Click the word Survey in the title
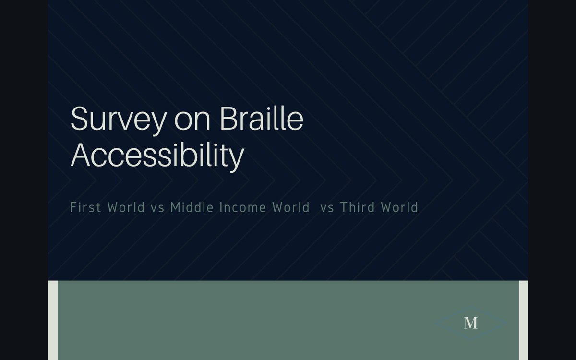pyautogui.click(x=118, y=119)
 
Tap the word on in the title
pyautogui.click(x=192, y=120)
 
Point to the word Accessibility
pyautogui.click(x=157, y=156)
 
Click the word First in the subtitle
pyautogui.click(x=85, y=207)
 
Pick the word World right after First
pyautogui.click(x=126, y=207)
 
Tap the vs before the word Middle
pyautogui.click(x=157, y=208)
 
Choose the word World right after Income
pyautogui.click(x=291, y=207)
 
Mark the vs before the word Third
pyautogui.click(x=327, y=208)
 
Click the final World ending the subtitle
pyautogui.click(x=399, y=207)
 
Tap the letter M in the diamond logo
pyautogui.click(x=471, y=323)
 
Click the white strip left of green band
pyautogui.click(x=53, y=320)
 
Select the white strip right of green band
pyautogui.click(x=523, y=320)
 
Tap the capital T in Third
pyautogui.click(x=344, y=207)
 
